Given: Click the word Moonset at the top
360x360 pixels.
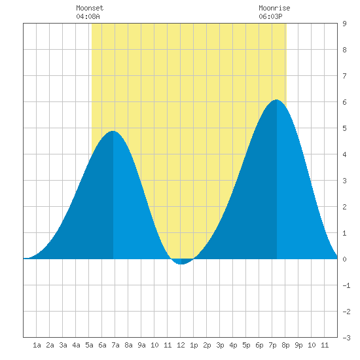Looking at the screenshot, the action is (90, 8).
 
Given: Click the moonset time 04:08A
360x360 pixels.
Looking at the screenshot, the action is (88, 16).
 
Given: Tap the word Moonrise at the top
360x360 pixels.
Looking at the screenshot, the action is (274, 8).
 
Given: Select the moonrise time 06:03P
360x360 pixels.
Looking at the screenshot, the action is (270, 16).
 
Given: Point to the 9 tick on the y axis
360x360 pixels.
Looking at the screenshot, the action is (344, 24).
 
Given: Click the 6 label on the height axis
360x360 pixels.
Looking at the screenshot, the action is (344, 102).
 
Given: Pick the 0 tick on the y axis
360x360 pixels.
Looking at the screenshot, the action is (344, 259).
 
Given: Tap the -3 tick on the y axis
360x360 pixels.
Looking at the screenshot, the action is (346, 338).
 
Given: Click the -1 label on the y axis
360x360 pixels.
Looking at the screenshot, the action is (346, 285).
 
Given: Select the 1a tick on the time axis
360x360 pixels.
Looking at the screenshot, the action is (37, 345).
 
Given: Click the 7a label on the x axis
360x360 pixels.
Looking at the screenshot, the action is (115, 345).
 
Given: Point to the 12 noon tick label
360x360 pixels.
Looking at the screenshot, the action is (181, 345).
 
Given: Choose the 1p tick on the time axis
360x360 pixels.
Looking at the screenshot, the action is (194, 345).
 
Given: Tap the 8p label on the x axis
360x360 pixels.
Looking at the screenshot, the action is (285, 345).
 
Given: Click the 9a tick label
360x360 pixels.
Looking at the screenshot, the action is (141, 345).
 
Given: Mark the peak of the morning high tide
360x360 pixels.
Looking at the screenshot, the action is (113, 132).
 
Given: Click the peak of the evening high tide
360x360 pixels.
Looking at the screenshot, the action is (277, 100).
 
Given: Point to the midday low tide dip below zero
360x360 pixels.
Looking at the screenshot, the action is (181, 264).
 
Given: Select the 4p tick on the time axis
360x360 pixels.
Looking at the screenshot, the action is (233, 345).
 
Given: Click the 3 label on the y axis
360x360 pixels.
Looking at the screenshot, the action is (344, 181).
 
